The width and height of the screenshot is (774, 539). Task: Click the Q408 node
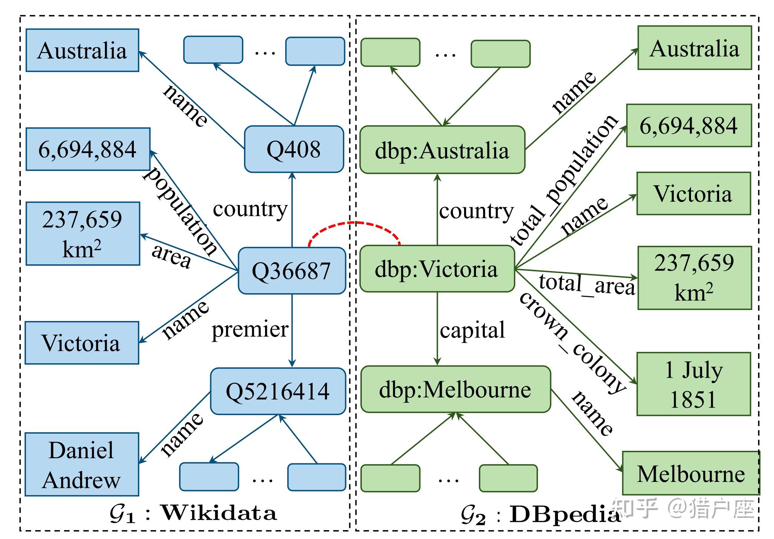pos(294,149)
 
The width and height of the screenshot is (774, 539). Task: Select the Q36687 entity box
pos(292,271)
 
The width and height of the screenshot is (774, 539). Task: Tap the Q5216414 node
pos(278,391)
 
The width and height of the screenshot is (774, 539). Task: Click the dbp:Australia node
pos(442,150)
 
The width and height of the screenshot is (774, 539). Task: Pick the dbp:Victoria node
pos(437,269)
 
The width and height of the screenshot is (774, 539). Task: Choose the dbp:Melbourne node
pos(456,389)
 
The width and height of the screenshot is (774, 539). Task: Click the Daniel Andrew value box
pos(82,464)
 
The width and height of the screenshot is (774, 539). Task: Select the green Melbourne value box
pos(691,473)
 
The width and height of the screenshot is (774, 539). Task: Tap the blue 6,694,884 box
pos(88,149)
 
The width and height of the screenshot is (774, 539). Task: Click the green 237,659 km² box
pos(695,278)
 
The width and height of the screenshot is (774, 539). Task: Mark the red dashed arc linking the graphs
pos(354,223)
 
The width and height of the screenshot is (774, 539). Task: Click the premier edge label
pos(250,329)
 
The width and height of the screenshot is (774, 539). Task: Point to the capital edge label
pos(472,330)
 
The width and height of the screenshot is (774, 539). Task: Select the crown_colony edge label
pos(573,343)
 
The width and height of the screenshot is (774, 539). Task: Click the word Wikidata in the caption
pos(219,513)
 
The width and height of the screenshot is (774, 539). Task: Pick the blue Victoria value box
pos(82,343)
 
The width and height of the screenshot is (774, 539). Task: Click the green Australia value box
pos(695,48)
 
